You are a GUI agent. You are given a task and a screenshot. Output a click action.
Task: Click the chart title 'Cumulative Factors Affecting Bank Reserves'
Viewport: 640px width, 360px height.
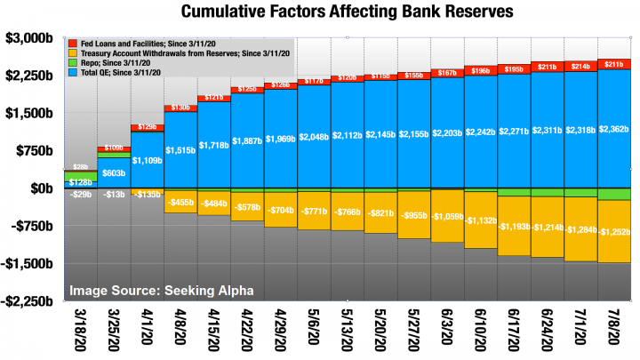point(345,12)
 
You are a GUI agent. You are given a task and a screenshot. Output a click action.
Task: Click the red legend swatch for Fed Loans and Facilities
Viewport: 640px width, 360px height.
point(73,43)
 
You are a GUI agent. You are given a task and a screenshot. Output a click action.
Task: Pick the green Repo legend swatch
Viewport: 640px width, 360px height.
point(73,64)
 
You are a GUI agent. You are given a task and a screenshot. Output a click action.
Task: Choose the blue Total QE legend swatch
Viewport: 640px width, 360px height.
point(73,75)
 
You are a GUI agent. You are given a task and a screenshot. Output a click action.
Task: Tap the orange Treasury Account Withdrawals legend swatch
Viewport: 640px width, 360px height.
point(73,53)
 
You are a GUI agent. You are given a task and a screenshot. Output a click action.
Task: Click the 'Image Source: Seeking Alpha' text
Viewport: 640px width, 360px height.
point(162,290)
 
